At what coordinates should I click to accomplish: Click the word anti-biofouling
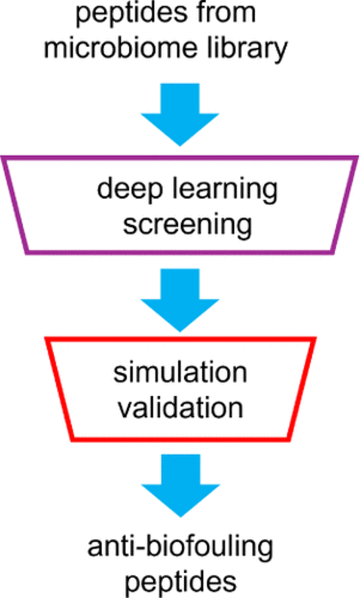[x=180, y=546]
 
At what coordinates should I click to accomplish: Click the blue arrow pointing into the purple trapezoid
[x=179, y=114]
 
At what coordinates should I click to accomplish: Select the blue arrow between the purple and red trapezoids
[x=179, y=299]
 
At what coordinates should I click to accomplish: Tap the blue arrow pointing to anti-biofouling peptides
[x=179, y=484]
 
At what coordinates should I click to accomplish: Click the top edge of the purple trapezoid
[x=179, y=158]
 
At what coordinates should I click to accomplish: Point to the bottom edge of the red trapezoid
[x=180, y=440]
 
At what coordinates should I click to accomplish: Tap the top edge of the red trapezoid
[x=179, y=339]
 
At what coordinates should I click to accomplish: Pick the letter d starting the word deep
[x=104, y=190]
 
